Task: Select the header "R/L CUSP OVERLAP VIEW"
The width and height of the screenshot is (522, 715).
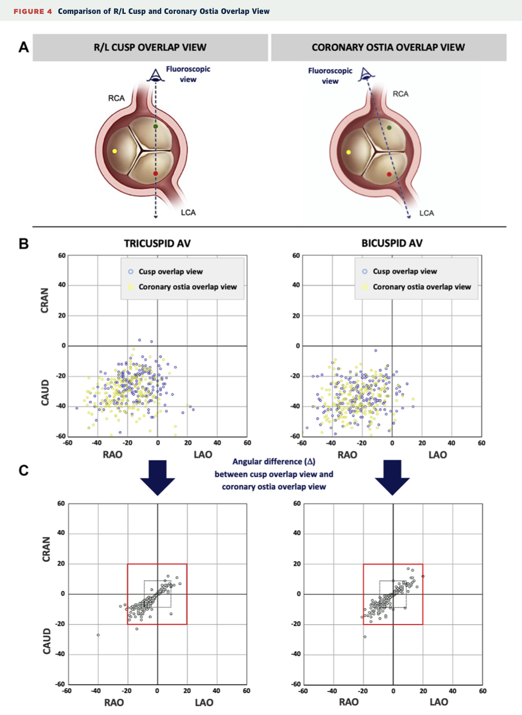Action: tap(150, 48)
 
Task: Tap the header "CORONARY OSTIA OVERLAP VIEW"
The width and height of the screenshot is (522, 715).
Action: tap(388, 48)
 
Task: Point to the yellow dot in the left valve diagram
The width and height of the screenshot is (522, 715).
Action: tap(115, 151)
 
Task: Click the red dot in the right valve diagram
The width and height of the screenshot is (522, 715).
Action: tap(389, 174)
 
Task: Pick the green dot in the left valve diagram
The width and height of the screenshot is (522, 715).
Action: tap(155, 127)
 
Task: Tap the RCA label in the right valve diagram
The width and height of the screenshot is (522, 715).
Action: tap(400, 94)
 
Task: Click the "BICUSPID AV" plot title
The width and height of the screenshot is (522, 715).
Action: tap(391, 243)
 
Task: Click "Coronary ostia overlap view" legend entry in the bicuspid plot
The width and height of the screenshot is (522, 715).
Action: tap(421, 287)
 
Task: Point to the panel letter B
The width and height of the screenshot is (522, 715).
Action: tap(23, 243)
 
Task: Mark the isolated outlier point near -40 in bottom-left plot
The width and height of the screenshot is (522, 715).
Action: tap(98, 635)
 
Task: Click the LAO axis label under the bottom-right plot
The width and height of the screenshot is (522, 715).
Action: tap(438, 702)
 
